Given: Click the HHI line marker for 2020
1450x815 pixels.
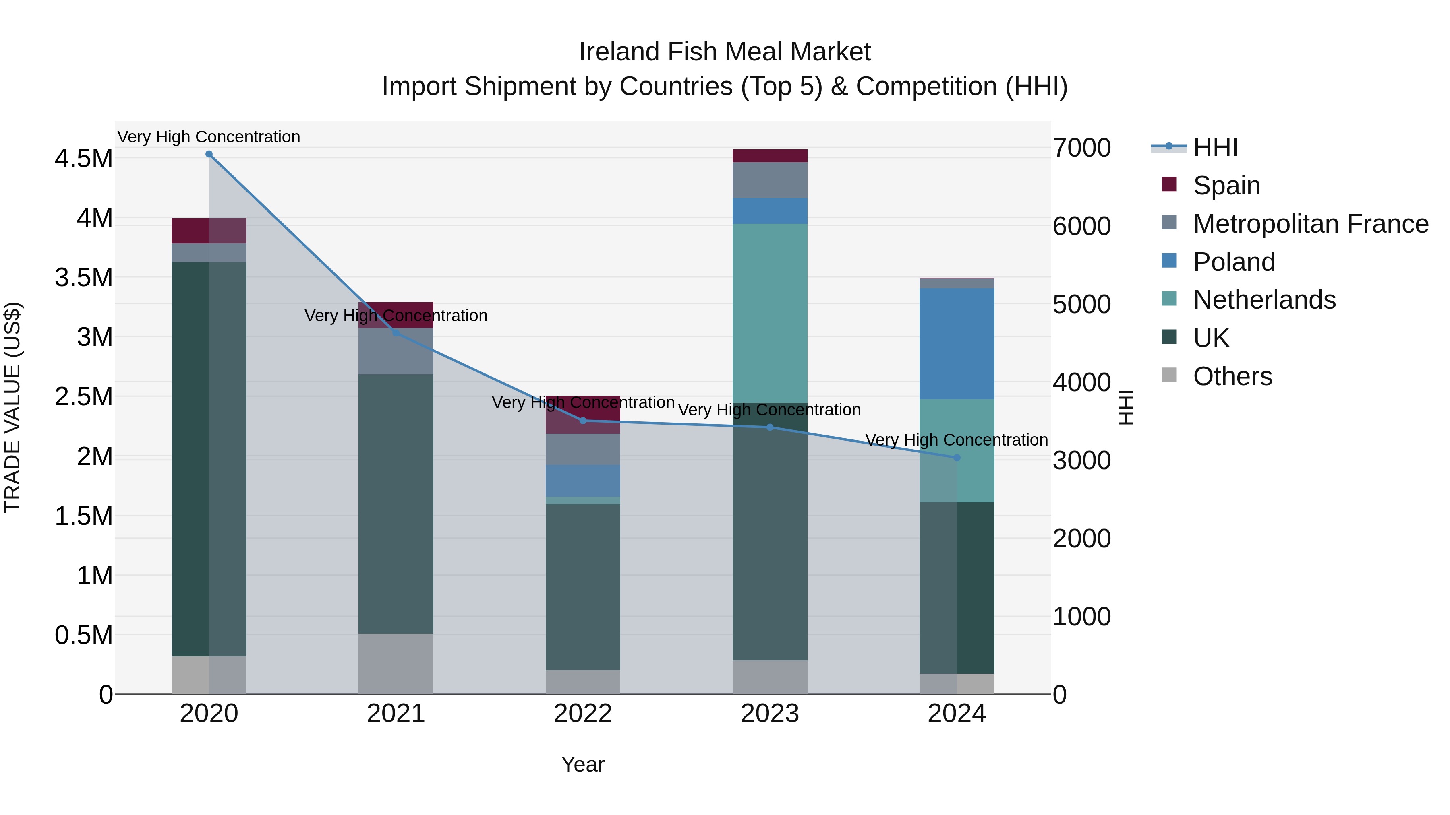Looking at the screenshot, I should [x=209, y=154].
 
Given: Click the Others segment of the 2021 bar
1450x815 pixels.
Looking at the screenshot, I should [x=396, y=664].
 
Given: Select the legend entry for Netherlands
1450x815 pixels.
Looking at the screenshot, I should [x=1264, y=300].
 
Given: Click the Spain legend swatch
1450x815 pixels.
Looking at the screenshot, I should [x=1169, y=184].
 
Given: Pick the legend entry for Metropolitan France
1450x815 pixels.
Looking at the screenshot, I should [x=1310, y=223].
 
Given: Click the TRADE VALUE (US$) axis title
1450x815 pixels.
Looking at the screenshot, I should [x=12, y=407].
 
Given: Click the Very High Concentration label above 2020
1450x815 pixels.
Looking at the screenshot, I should [x=209, y=137].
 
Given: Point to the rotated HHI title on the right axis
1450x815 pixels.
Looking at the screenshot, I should [x=1125, y=407].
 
